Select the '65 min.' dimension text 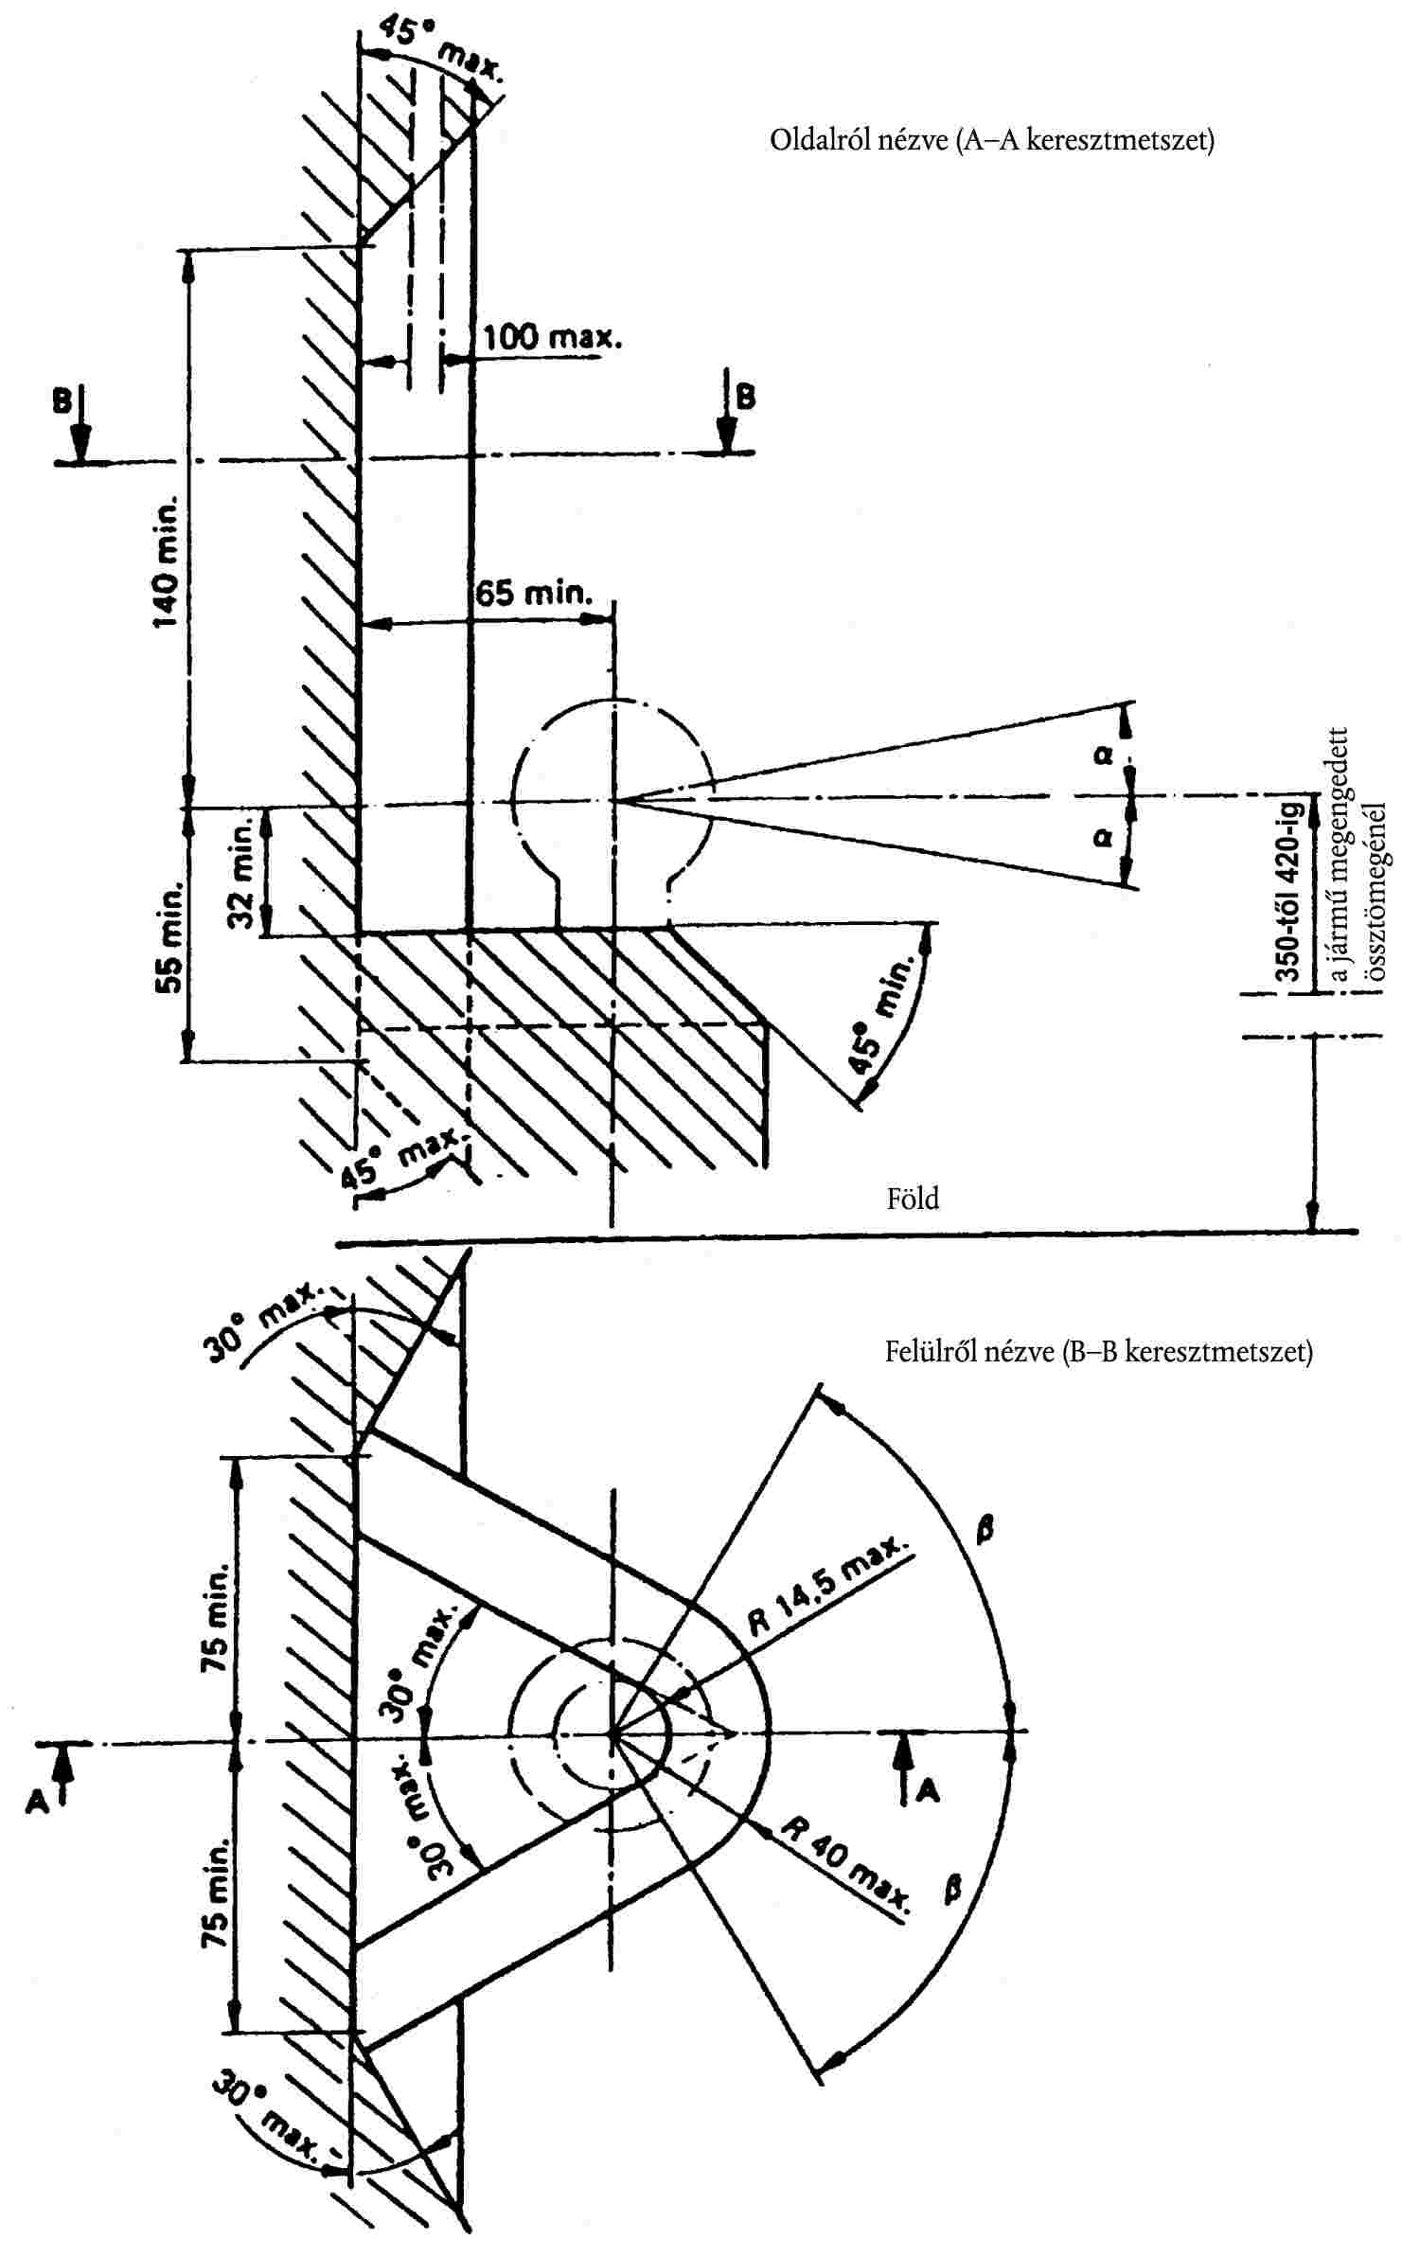[x=534, y=594]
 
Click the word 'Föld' [x=913, y=1199]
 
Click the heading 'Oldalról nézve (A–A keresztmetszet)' [x=991, y=142]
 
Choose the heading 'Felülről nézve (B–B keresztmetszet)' [x=1098, y=1351]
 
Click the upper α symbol [x=1103, y=755]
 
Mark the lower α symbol [x=1103, y=838]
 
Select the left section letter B [x=62, y=401]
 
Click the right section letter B [x=746, y=397]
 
